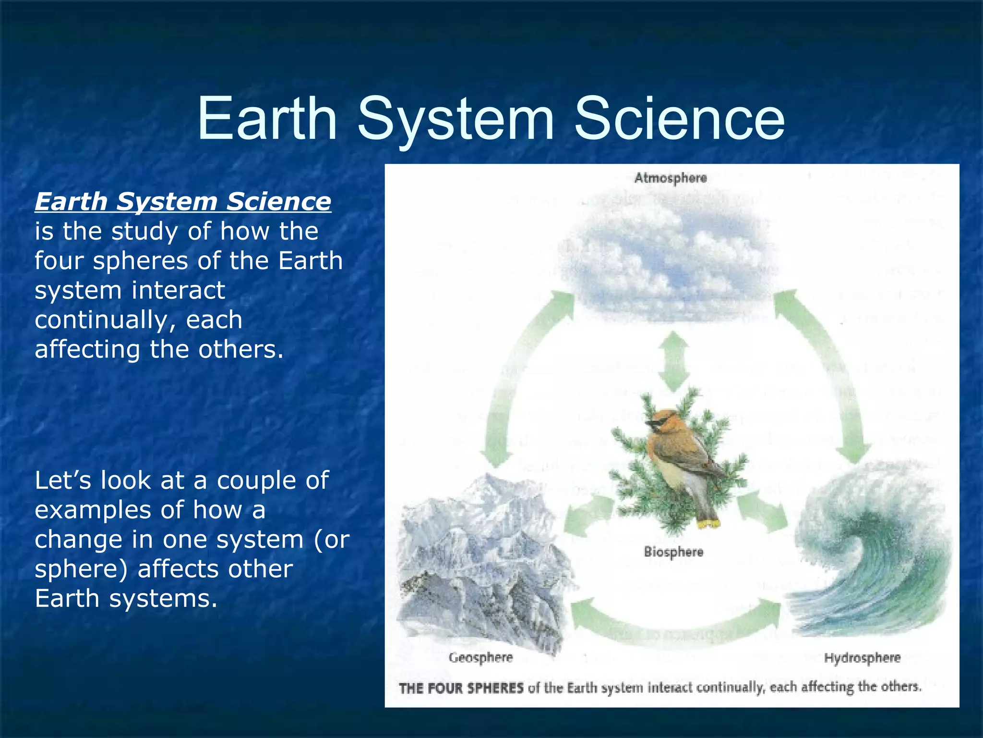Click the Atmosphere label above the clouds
pyautogui.click(x=671, y=178)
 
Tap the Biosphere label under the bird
pyautogui.click(x=673, y=552)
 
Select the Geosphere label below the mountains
pyautogui.click(x=481, y=657)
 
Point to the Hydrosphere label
pyautogui.click(x=862, y=658)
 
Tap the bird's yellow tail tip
pyautogui.click(x=708, y=523)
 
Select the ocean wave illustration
pyautogui.click(x=869, y=553)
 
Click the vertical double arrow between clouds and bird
pyautogui.click(x=673, y=361)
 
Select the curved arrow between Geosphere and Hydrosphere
pyautogui.click(x=674, y=625)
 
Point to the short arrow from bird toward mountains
pyautogui.click(x=588, y=517)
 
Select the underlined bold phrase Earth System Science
pyautogui.click(x=183, y=201)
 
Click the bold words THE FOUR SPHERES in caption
pyautogui.click(x=461, y=688)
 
